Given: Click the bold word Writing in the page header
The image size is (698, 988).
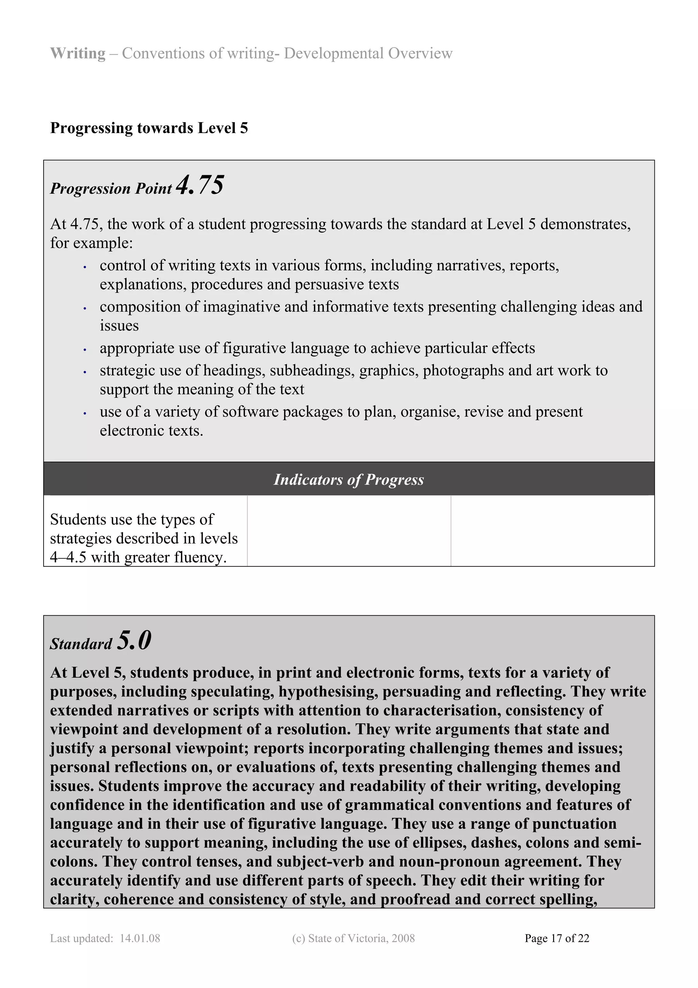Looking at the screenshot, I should (x=77, y=53).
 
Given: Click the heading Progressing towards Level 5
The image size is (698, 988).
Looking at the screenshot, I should (x=149, y=128).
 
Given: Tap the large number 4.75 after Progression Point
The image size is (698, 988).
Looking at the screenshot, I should (x=200, y=186).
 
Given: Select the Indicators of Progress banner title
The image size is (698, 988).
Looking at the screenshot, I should (x=349, y=480).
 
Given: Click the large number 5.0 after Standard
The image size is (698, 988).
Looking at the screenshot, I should (x=134, y=640).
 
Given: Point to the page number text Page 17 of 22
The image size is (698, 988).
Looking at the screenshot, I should (x=557, y=938).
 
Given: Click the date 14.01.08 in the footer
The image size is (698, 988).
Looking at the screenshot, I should (x=140, y=938).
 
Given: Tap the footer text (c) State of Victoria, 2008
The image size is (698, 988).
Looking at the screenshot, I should (x=353, y=938).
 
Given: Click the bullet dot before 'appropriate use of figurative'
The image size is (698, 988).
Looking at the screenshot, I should (x=85, y=350).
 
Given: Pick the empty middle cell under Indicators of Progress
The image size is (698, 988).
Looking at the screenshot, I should (x=349, y=531).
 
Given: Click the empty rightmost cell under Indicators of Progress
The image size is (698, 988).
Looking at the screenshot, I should (x=552, y=531).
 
